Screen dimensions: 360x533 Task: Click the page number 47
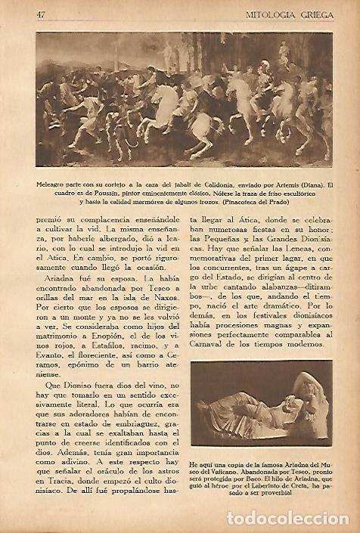(41, 13)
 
